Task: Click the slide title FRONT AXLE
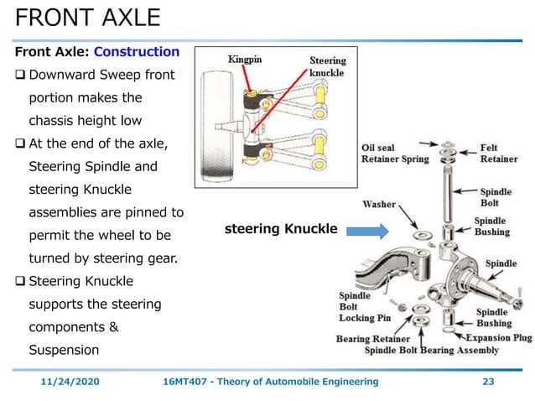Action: coord(88,18)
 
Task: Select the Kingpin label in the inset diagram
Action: coord(247,60)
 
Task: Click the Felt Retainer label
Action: coord(500,152)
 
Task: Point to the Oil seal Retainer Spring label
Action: coord(395,153)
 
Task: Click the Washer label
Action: coord(379,204)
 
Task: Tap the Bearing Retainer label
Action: coord(373,339)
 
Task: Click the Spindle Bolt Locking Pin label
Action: coord(364,306)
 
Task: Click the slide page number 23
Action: coord(488,382)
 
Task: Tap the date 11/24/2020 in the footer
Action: coord(70,382)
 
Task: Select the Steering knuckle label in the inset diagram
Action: coord(326,66)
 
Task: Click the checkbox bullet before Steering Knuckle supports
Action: coord(19,281)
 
